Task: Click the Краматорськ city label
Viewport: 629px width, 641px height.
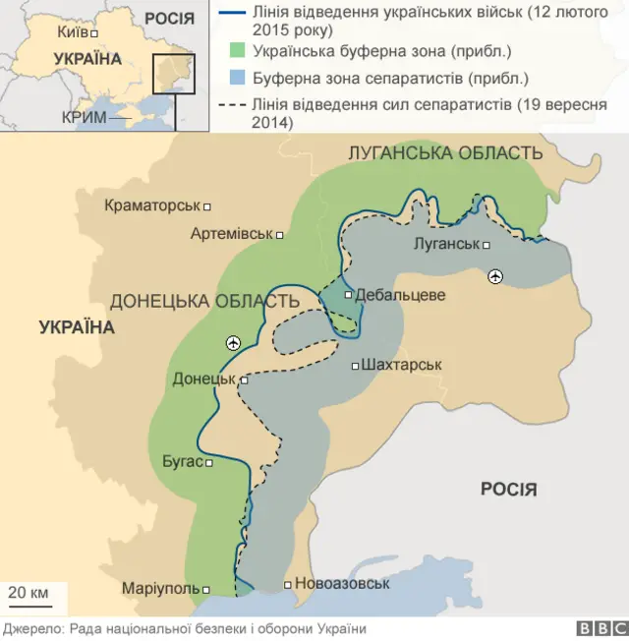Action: point(151,206)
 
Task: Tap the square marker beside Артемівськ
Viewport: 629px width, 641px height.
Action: point(280,235)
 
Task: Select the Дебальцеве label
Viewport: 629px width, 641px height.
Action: point(400,295)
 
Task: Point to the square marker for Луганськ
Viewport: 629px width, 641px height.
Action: point(486,245)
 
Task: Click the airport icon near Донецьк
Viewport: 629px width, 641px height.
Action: point(233,342)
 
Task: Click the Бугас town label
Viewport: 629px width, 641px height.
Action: point(182,461)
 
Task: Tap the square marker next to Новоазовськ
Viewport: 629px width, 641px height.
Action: point(287,585)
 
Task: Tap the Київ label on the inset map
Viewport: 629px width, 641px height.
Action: point(73,32)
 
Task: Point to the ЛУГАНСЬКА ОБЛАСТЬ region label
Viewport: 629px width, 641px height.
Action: point(445,153)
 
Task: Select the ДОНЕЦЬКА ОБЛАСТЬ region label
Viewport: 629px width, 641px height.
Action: point(204,302)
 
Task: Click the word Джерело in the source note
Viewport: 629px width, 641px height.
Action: point(31,629)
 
